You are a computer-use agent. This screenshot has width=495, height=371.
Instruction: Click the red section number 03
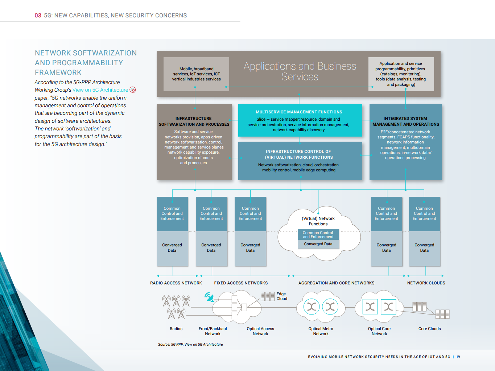coord(38,16)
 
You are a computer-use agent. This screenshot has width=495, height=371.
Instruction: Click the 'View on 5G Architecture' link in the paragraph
coord(100,90)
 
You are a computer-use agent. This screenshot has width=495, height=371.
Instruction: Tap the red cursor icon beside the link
coord(133,90)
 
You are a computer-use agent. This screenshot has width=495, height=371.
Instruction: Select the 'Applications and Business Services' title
coord(300,71)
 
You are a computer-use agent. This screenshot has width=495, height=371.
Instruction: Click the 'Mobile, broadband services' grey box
coord(196,74)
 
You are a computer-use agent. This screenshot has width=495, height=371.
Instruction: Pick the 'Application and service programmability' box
coord(401,74)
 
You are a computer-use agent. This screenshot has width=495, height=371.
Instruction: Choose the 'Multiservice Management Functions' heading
coord(299,112)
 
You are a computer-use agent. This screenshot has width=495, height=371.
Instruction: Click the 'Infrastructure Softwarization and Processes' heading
coord(194,121)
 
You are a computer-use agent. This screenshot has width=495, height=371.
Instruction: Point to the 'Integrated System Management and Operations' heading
coord(405,121)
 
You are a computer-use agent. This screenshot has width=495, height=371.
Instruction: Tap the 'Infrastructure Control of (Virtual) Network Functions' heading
coord(299,154)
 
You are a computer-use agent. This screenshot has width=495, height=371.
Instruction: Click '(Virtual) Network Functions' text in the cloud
coord(318,221)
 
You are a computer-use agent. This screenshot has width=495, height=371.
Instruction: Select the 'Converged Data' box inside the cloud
coord(318,244)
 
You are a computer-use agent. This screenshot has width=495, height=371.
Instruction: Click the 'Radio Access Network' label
coord(176,283)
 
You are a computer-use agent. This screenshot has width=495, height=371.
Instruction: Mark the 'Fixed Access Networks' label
coord(241,283)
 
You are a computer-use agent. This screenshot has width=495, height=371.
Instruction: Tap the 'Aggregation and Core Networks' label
coord(336,283)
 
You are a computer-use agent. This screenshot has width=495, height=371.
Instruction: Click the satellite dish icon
coord(209,297)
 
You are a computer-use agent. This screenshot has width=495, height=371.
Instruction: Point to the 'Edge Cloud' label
coord(281,296)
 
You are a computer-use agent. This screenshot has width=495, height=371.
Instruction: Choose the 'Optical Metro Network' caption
coord(321,331)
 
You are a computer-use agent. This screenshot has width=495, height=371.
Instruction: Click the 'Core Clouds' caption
coord(429,329)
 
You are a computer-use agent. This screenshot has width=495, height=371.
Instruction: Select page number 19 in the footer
coord(458,357)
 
